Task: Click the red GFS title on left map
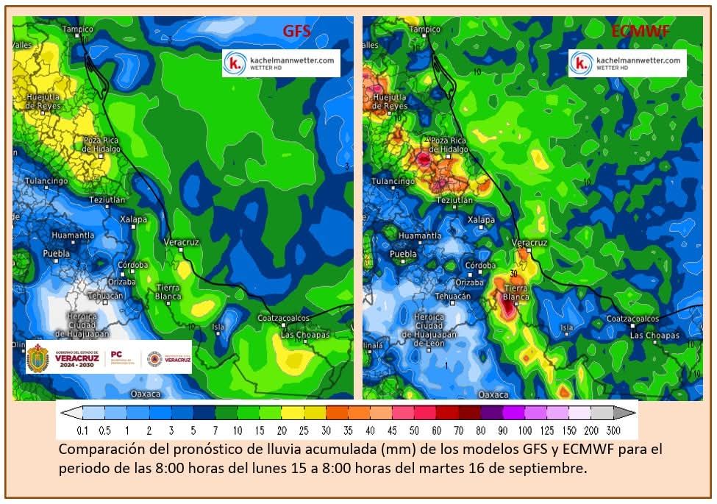click(297, 32)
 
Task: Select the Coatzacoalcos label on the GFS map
click(283, 318)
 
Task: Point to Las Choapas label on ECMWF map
click(654, 335)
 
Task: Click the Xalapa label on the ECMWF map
click(482, 219)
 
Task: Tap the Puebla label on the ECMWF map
click(403, 255)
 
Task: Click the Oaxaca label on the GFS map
click(145, 394)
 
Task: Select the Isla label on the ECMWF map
click(566, 327)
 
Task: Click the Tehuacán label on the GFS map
click(104, 295)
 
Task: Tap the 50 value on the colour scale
click(415, 430)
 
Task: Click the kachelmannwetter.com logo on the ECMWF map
click(628, 63)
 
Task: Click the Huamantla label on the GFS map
click(73, 235)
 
